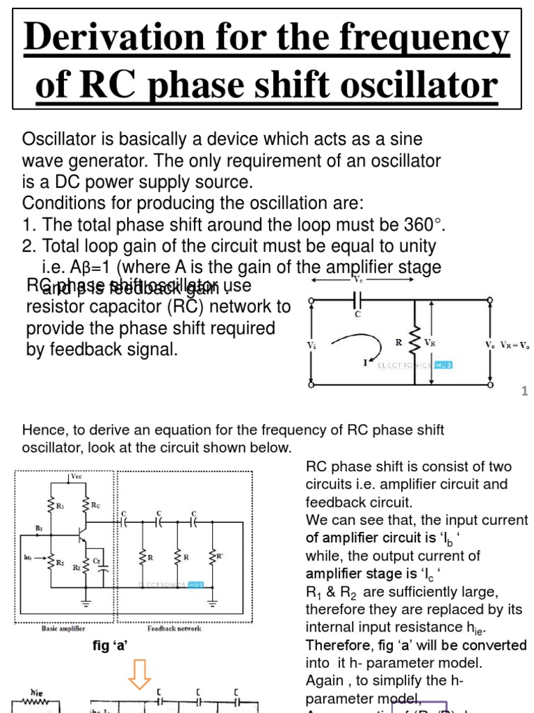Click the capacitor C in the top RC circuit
[357, 300]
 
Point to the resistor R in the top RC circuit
[415, 342]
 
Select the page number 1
[525, 392]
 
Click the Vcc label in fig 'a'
[76, 477]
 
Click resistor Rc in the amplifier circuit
[86, 504]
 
